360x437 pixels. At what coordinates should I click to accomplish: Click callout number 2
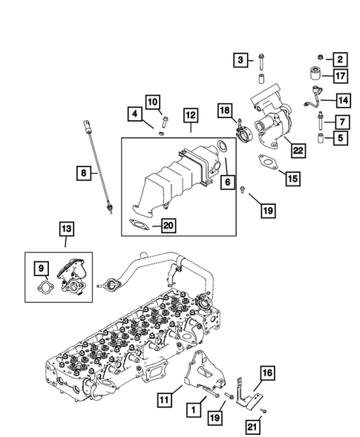340,59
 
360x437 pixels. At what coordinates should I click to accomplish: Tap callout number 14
343,99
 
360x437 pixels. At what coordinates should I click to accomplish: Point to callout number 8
84,174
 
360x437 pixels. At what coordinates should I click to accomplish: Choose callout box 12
190,115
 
